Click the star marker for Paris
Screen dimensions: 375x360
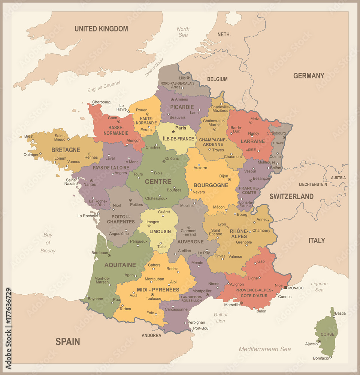(173, 132)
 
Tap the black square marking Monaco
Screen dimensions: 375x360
(286, 288)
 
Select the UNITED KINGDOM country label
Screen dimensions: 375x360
(101, 29)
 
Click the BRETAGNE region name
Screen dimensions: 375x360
(66, 150)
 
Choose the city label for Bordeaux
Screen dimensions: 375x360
(99, 253)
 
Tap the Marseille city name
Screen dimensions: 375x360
(232, 305)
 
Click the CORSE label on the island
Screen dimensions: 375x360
(327, 334)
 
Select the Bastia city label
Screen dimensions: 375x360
(340, 313)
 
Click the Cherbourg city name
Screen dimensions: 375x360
(101, 102)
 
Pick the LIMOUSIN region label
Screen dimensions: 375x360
(160, 232)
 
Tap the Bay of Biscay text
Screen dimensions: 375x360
(48, 243)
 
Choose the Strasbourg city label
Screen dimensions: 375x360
(276, 133)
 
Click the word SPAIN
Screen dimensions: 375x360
(68, 342)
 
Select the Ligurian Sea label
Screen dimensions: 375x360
(319, 287)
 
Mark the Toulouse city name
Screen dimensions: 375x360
(154, 298)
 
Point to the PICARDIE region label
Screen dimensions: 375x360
(182, 107)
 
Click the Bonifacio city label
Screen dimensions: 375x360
(321, 358)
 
